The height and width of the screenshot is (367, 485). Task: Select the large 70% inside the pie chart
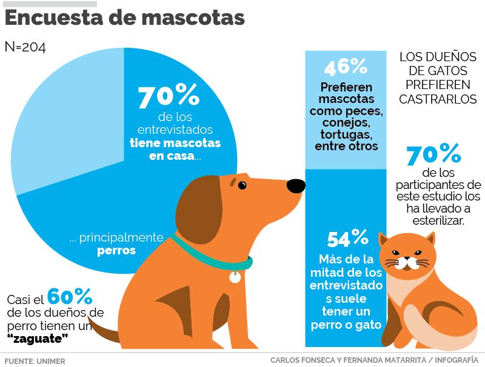click(x=168, y=97)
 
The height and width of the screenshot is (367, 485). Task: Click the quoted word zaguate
click(x=37, y=338)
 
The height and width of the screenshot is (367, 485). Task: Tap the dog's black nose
click(x=295, y=185)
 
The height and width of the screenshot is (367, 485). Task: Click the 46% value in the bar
click(x=345, y=66)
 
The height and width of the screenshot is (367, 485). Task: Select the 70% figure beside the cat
click(x=433, y=155)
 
